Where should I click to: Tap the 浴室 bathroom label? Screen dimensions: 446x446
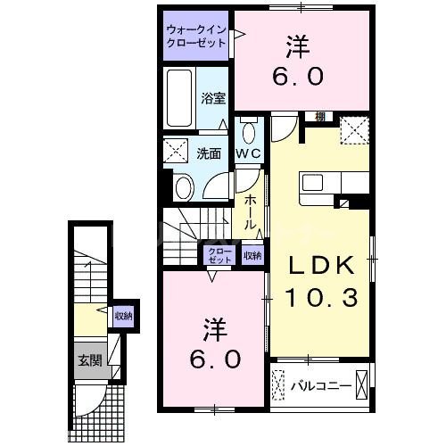click(x=211, y=99)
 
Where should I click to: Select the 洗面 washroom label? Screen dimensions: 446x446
click(x=209, y=153)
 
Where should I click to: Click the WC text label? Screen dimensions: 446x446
click(x=247, y=153)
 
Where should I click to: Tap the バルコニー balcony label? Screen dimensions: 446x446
click(x=311, y=387)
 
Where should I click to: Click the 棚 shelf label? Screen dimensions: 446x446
click(x=318, y=116)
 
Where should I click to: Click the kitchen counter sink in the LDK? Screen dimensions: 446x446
click(x=316, y=183)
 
